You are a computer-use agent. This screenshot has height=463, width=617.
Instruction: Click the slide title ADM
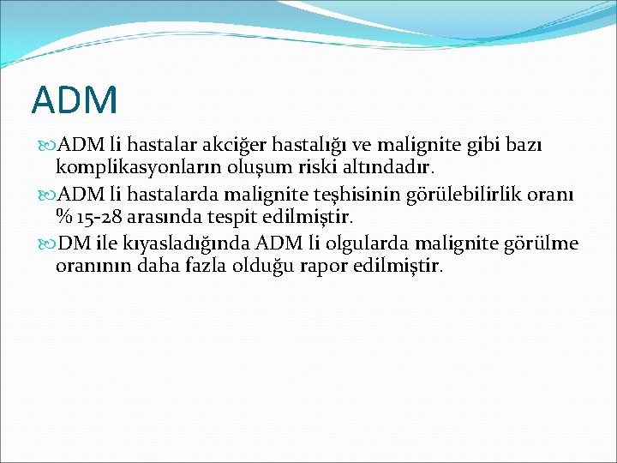(x=75, y=99)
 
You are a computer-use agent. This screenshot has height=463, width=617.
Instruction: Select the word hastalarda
(x=162, y=195)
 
